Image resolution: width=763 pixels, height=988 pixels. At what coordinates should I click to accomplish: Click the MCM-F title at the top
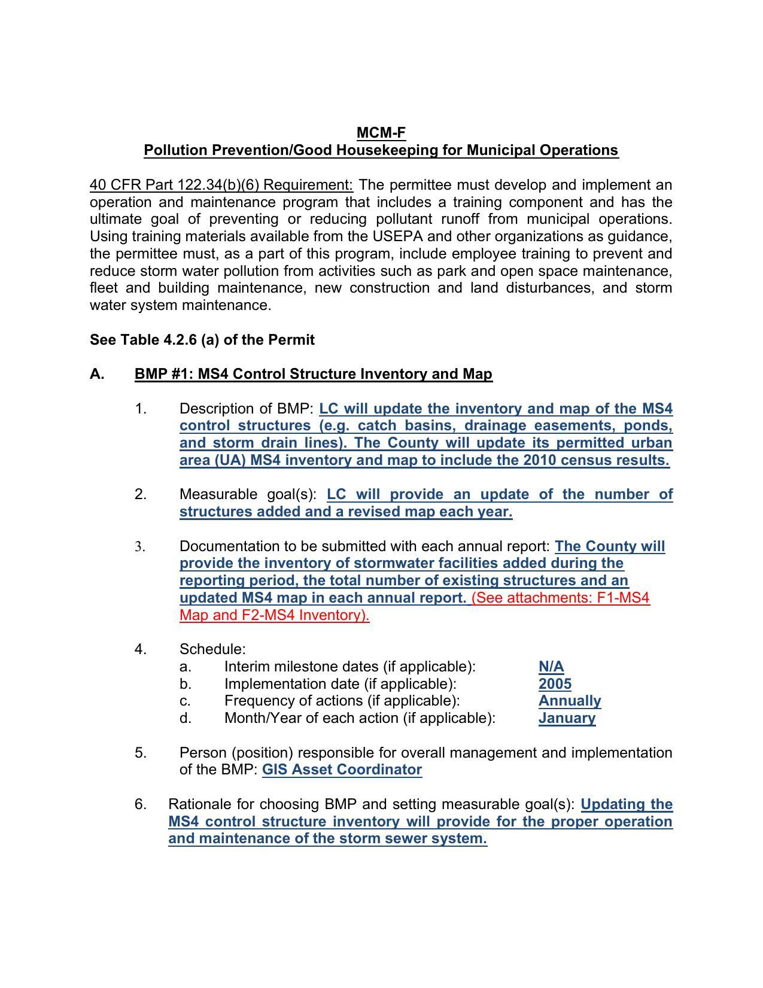[381, 132]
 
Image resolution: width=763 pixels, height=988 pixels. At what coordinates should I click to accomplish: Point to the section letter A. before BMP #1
[97, 374]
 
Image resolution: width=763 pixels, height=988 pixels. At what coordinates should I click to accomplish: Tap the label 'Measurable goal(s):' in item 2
[248, 494]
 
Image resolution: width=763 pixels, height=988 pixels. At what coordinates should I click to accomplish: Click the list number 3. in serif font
[140, 546]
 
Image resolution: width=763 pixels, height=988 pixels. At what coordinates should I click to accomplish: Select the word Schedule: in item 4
[212, 649]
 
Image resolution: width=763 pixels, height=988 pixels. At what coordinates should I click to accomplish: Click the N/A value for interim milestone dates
[551, 667]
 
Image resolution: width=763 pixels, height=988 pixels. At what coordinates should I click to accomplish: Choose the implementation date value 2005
[555, 684]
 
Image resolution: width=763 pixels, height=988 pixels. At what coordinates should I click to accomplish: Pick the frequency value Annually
[569, 701]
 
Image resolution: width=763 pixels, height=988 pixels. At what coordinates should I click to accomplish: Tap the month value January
[567, 718]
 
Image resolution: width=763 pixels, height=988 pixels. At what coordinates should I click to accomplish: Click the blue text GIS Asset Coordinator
[342, 770]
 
